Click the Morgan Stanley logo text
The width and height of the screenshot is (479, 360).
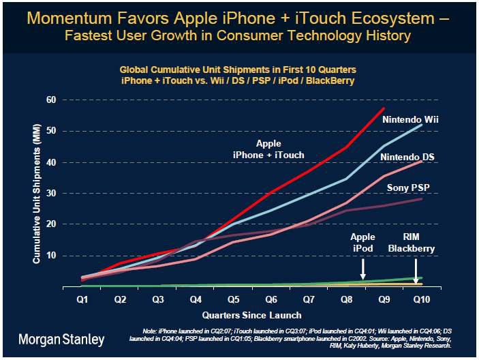(61, 338)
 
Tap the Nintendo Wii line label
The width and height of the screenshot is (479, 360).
(410, 119)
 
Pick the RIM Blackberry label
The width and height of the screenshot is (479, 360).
(411, 243)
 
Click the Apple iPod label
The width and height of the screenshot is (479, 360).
(362, 243)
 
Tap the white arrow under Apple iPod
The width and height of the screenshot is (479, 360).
(363, 268)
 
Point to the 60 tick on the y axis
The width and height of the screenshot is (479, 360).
(50, 100)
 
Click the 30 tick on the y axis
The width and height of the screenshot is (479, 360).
(50, 193)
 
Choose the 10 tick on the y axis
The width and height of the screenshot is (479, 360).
(50, 256)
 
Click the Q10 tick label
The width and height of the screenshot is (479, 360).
(422, 298)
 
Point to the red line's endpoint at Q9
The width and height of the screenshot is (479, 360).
(384, 108)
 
